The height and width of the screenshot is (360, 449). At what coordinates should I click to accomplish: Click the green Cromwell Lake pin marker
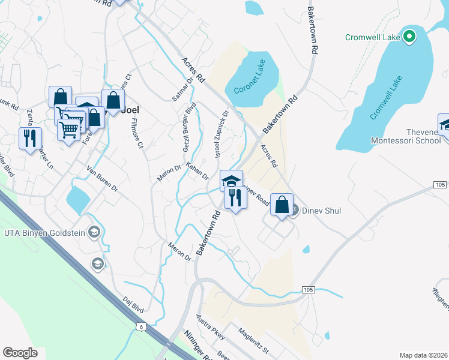409,37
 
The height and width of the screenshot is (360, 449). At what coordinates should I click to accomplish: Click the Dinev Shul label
316,211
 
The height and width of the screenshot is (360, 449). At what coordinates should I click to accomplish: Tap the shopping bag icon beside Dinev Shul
282,205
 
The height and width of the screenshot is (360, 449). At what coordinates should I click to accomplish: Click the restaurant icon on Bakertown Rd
235,197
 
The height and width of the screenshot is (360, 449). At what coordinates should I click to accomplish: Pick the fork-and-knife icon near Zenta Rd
30,139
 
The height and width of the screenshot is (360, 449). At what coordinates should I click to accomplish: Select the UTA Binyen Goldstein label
43,232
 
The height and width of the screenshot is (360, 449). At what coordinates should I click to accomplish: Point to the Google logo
20,353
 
